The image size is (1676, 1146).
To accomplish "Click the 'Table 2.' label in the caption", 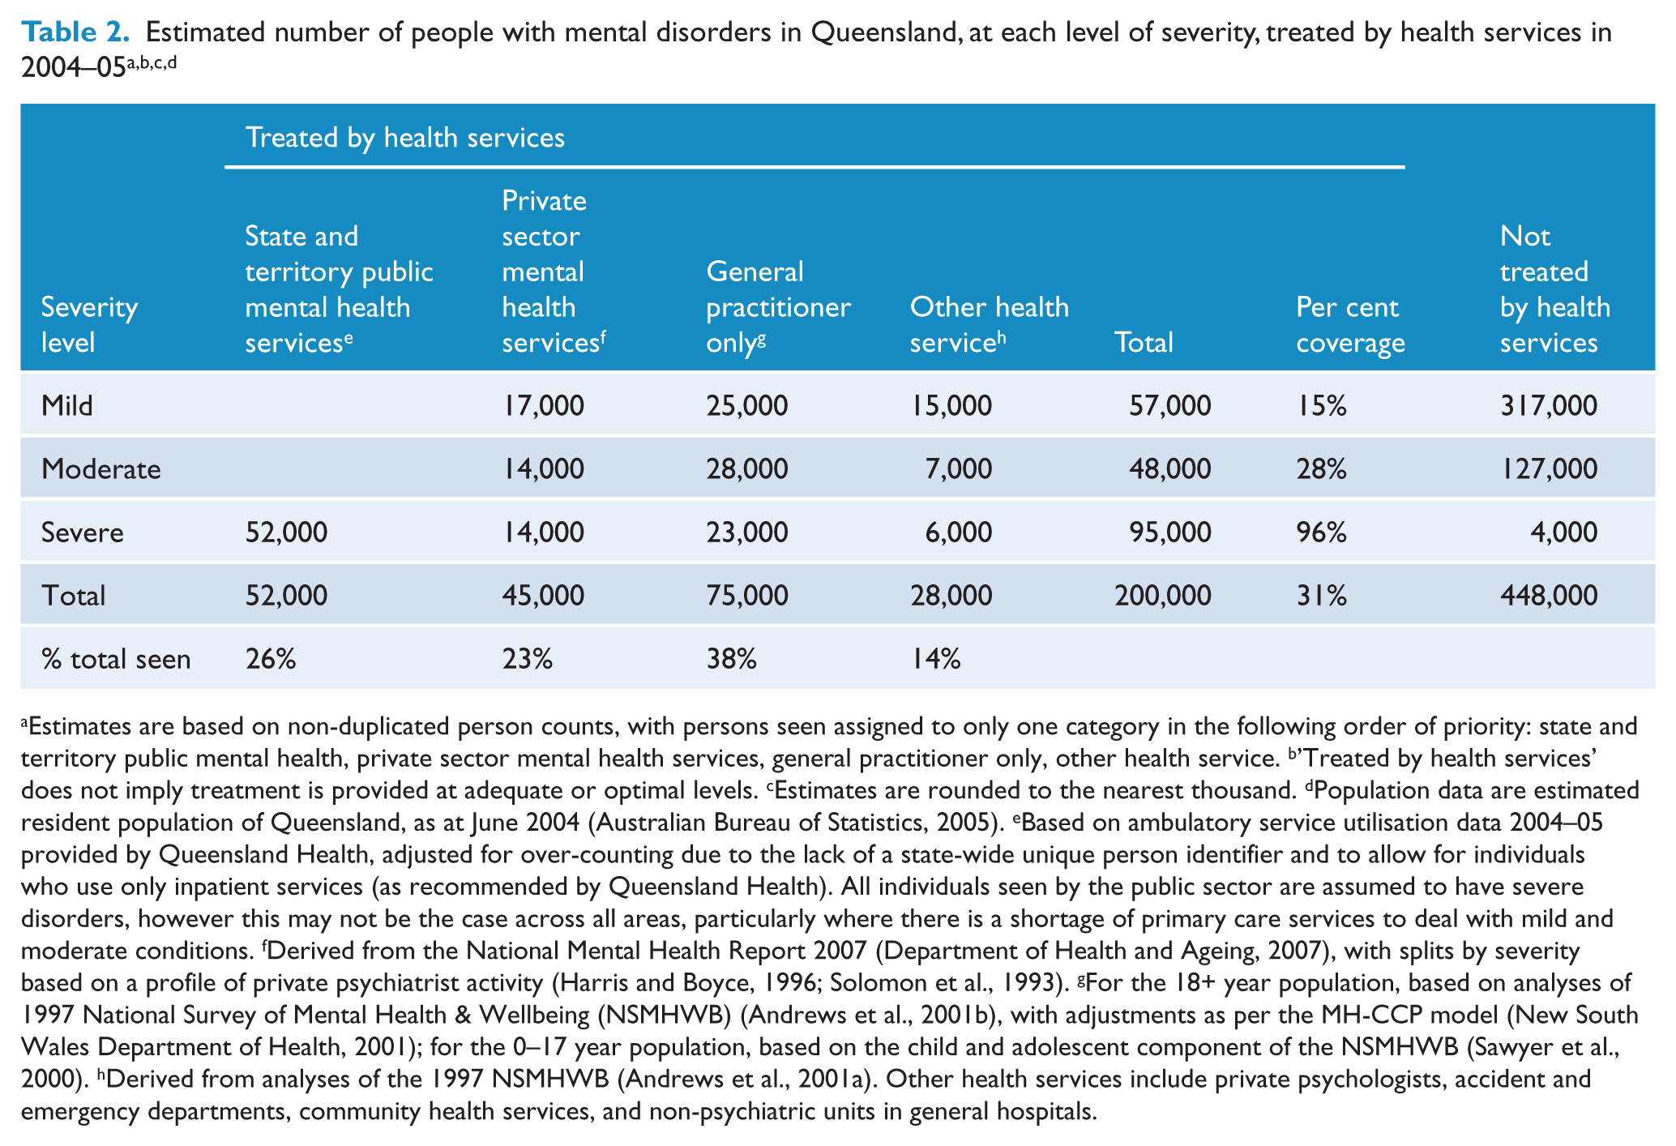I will [x=75, y=32].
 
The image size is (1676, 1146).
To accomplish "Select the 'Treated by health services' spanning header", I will [x=404, y=137].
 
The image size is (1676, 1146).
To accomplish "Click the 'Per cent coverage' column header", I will [x=1350, y=325].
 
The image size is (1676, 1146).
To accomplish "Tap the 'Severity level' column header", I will [x=89, y=325].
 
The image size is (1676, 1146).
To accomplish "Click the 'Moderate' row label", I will [x=101, y=468].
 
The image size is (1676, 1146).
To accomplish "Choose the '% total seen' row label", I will [x=116, y=659].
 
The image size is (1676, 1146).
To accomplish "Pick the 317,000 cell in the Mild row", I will [x=1548, y=405].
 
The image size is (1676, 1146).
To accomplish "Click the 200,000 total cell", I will [x=1162, y=596].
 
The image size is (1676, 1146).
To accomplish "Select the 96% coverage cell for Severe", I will [x=1321, y=532].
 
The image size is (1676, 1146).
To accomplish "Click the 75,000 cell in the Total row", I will [x=746, y=596].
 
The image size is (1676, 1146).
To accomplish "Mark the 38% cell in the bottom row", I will [x=731, y=659].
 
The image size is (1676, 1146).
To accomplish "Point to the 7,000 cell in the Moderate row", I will [x=958, y=468].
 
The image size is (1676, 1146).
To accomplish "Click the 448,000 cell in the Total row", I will [x=1548, y=596].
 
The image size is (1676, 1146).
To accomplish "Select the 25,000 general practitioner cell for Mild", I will [x=746, y=405].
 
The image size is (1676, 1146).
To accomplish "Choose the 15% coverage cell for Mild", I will [x=1321, y=405].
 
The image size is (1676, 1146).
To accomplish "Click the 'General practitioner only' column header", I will [x=778, y=307].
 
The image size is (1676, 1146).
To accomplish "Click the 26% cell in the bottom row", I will [x=270, y=659].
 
